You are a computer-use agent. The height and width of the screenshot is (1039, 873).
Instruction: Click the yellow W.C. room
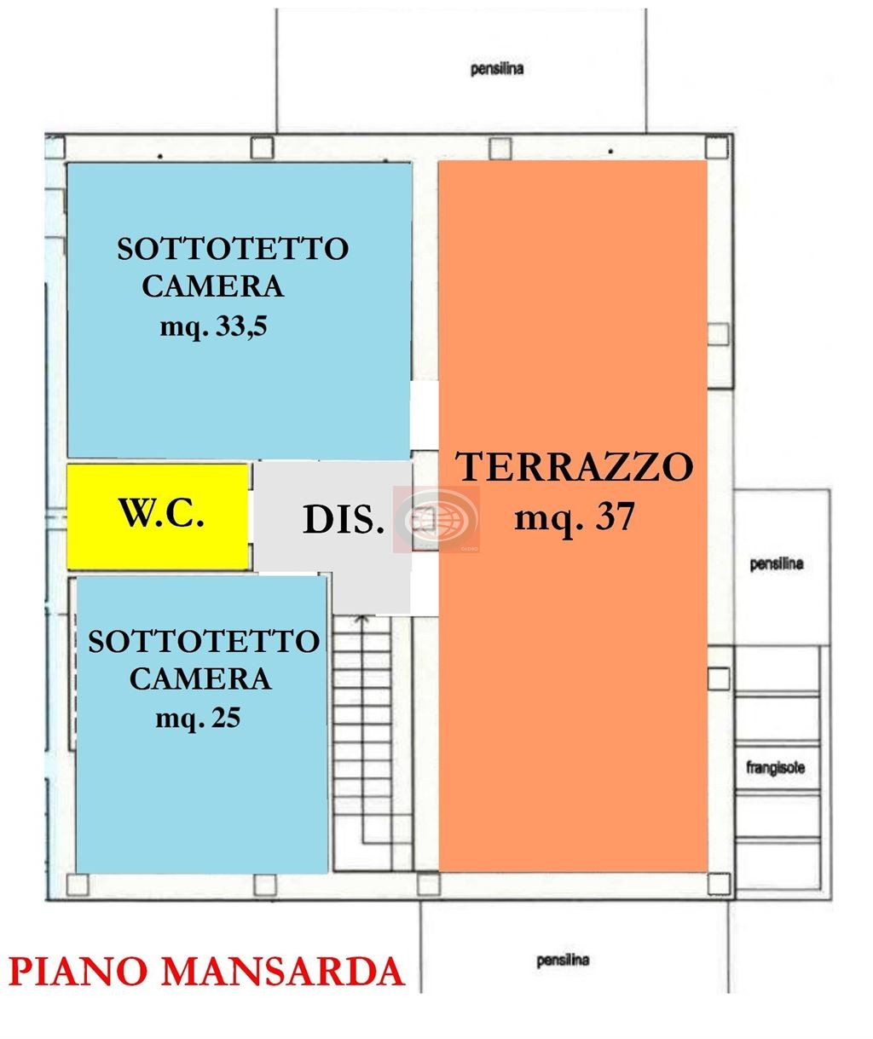click(x=158, y=517)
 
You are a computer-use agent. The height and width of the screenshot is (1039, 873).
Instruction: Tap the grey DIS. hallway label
click(x=344, y=521)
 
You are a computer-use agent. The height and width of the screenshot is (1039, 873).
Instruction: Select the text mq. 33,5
click(x=213, y=328)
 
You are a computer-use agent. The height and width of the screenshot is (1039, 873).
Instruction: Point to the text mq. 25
click(x=198, y=719)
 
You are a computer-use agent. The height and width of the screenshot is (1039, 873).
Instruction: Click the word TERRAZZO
click(x=574, y=467)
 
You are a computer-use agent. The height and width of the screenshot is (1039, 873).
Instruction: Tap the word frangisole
click(x=776, y=768)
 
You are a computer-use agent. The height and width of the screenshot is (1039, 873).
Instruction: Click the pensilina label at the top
click(x=497, y=69)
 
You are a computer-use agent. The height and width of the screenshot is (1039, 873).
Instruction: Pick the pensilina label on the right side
click(x=777, y=563)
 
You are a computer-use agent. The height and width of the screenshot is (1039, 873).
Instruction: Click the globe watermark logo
click(x=437, y=520)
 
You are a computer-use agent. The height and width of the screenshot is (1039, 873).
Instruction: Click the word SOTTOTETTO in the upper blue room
click(x=233, y=249)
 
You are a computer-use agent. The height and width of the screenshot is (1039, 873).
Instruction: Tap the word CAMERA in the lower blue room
click(x=200, y=679)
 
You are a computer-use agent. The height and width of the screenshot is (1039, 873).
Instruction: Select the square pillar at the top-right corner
click(x=716, y=147)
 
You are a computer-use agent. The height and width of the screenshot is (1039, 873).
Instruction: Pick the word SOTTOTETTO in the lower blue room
click(x=204, y=642)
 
